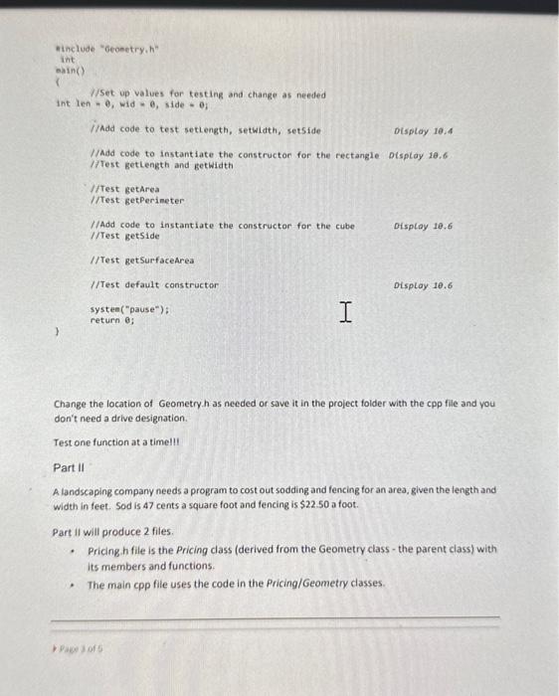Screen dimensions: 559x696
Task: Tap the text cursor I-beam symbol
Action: (x=344, y=313)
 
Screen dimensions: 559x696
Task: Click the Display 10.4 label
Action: (x=424, y=129)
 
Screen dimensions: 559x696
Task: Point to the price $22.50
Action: (x=327, y=505)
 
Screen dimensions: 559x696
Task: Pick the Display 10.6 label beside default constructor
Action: (x=424, y=285)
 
